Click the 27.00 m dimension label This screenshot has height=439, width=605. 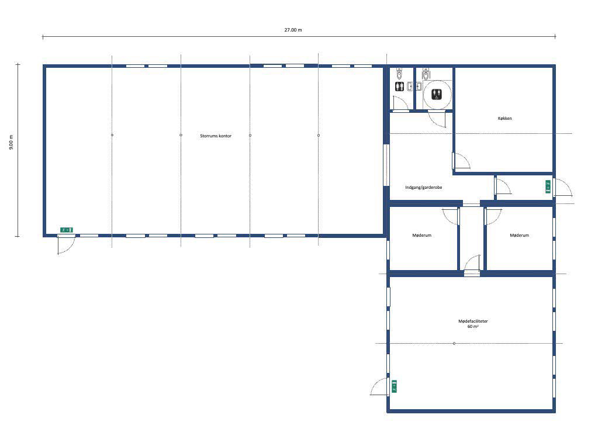(293, 30)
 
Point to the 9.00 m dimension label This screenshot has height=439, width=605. (11, 142)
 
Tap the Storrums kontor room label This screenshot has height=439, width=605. (216, 136)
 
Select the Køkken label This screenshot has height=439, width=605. (504, 119)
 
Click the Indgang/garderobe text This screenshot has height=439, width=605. (424, 188)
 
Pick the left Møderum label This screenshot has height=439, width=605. (421, 236)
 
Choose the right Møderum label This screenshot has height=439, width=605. (519, 236)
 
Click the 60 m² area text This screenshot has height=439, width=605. (473, 326)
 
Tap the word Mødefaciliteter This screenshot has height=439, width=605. (473, 321)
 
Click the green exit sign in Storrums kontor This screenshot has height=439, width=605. (67, 230)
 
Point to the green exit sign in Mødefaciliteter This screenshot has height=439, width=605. (394, 386)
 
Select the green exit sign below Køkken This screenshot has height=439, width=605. (548, 186)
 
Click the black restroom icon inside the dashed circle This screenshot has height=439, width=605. (437, 94)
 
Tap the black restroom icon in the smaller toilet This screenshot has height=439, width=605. (399, 87)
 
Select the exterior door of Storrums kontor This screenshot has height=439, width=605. (67, 244)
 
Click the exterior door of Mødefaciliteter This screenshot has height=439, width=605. (379, 387)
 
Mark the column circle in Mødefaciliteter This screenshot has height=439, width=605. (454, 343)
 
